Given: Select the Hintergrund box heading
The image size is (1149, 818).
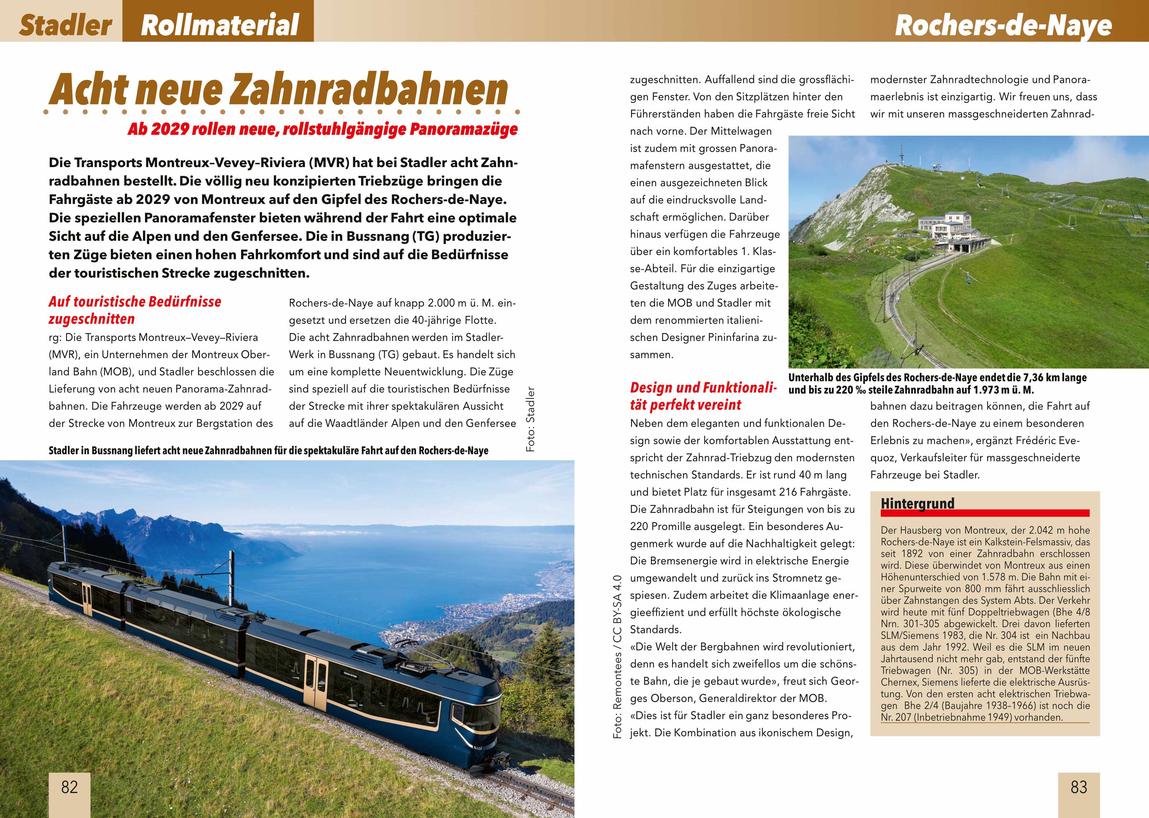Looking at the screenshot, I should coord(917,504).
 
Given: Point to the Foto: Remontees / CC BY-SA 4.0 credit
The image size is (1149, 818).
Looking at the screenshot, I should coord(618,657).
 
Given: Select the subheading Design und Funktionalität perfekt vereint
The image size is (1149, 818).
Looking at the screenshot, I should coord(703,396).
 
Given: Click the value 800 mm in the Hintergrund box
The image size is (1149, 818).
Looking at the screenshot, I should coord(959,589).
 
